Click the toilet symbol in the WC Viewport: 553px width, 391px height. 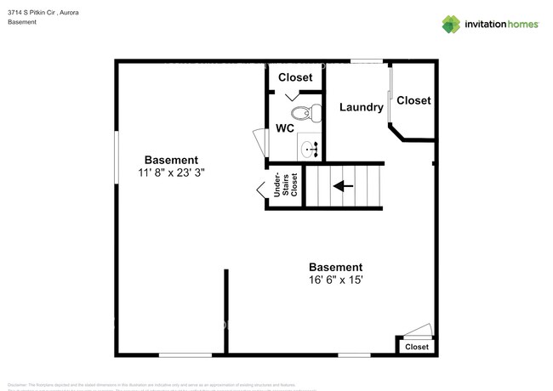click(307, 111)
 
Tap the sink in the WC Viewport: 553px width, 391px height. click(310, 150)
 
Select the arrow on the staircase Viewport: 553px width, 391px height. click(344, 185)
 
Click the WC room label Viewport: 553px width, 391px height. click(285, 129)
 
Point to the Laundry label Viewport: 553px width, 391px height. click(361, 107)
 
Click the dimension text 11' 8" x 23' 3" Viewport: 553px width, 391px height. click(171, 172)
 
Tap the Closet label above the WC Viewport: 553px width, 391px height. click(295, 77)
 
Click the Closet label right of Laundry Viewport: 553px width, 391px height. click(413, 100)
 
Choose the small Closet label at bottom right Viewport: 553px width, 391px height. click(417, 347)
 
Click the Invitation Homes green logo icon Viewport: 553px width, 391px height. click(452, 24)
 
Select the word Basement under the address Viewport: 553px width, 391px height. click(22, 22)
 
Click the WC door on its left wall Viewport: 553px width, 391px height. click(259, 141)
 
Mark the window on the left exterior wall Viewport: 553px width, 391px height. click(117, 156)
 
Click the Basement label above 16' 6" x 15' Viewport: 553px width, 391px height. click(335, 267)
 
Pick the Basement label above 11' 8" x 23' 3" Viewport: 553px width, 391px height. click(171, 160)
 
